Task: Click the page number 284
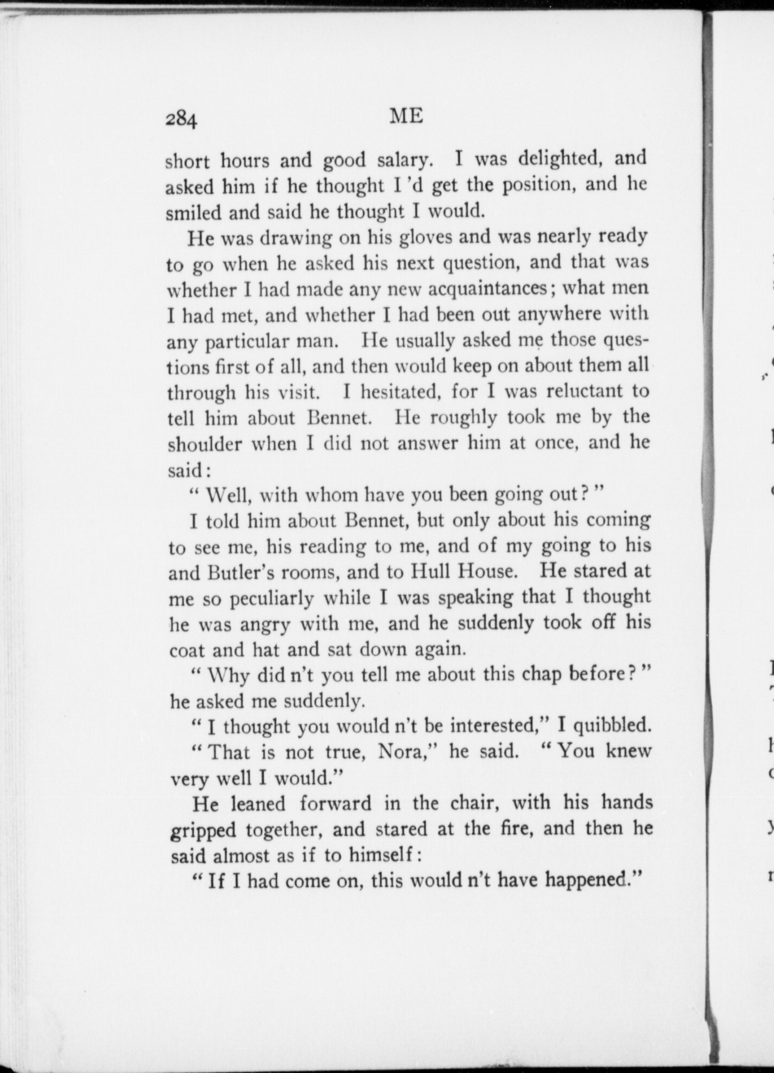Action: [x=182, y=118]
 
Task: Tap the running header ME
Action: [x=406, y=116]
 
